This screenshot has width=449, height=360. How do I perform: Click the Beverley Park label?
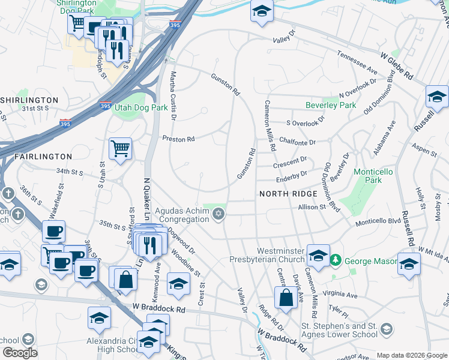tap(331, 105)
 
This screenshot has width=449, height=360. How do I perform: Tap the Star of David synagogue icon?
tap(218, 214)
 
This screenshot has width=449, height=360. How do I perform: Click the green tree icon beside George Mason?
tap(336, 260)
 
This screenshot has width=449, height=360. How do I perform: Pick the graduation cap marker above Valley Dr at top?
tap(261, 12)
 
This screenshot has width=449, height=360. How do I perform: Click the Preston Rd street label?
tap(179, 139)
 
